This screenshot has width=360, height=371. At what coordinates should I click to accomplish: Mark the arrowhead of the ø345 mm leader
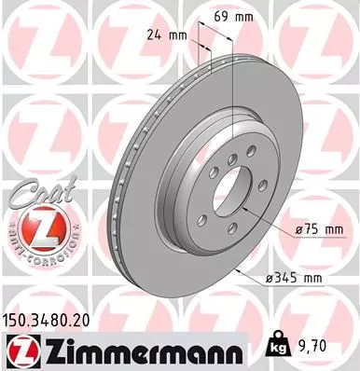click(238, 269)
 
